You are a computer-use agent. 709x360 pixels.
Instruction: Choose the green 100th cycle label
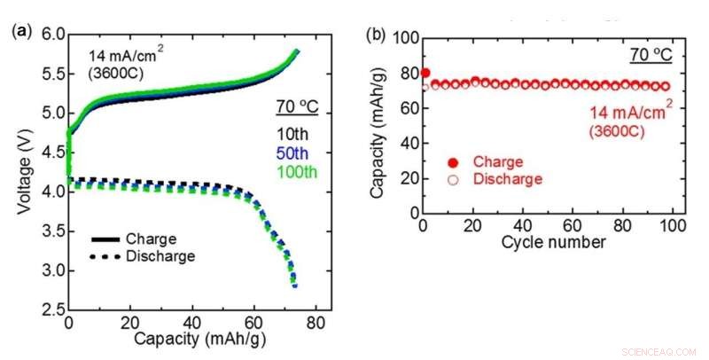pyautogui.click(x=295, y=170)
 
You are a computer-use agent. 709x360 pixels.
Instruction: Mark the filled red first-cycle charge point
pyautogui.click(x=425, y=73)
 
